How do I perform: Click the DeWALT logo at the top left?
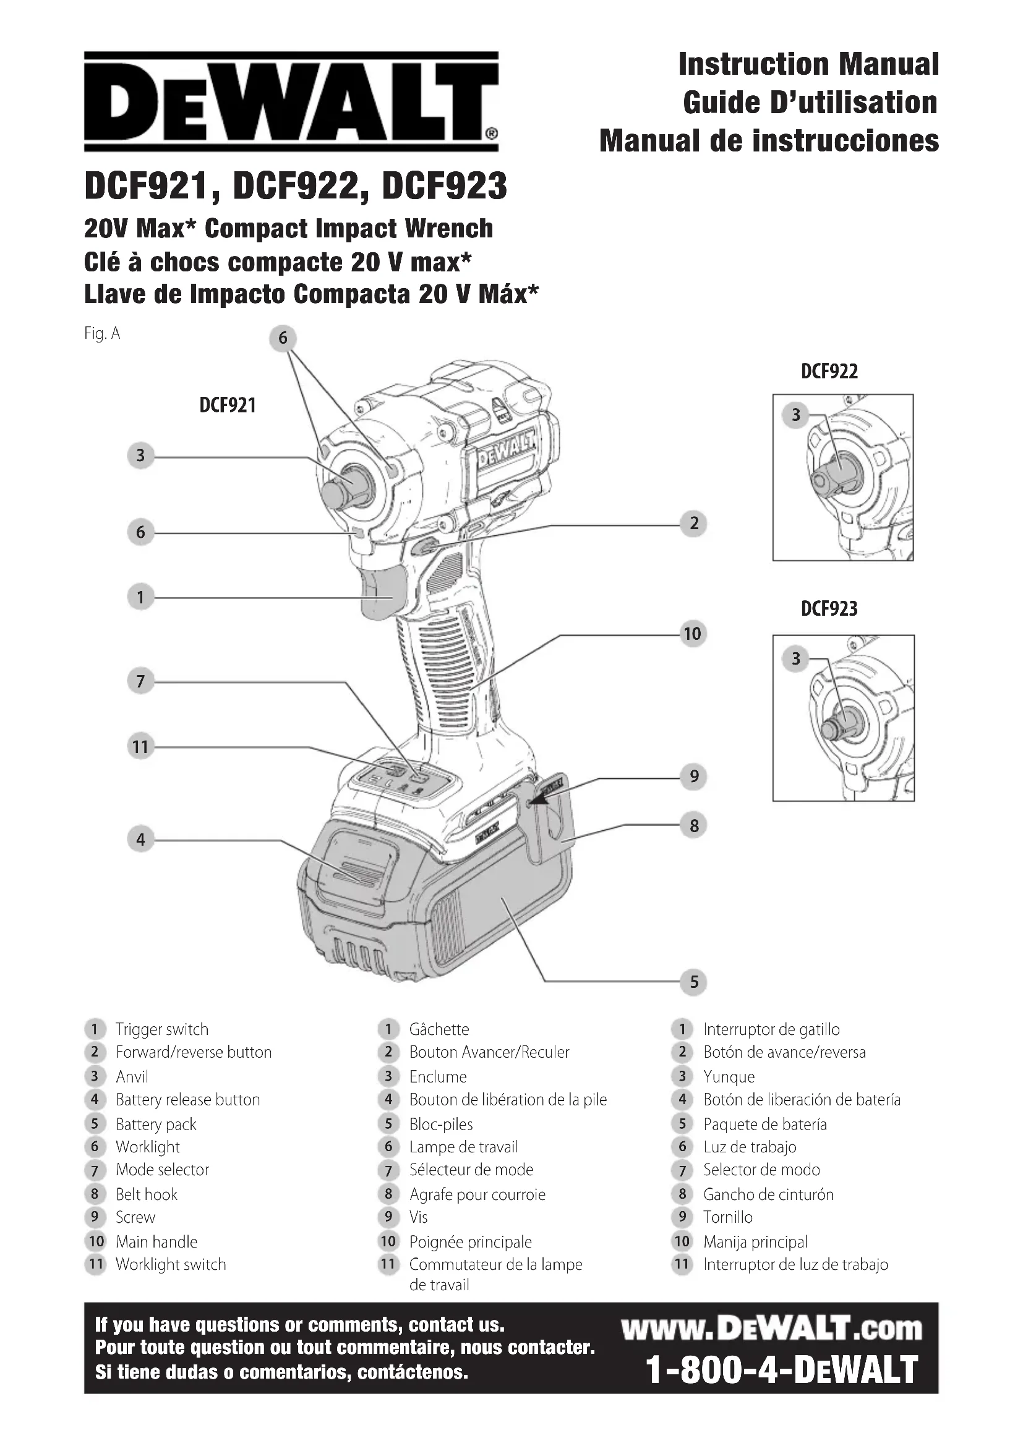point(292,101)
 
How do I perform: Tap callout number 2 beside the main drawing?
point(693,524)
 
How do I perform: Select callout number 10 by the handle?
point(692,634)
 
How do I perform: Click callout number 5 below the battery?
point(693,982)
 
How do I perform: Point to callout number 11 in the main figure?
point(140,747)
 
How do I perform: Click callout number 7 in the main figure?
point(140,681)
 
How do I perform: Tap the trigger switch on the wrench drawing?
point(383,593)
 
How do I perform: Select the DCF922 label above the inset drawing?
point(829,372)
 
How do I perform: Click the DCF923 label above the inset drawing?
point(829,609)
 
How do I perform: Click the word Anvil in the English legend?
point(132,1077)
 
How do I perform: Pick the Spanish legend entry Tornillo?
point(727,1217)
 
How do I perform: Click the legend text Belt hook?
point(147,1195)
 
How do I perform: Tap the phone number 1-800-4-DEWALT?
point(782,1371)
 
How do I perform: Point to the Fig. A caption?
point(102,333)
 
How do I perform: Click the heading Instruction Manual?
point(808,64)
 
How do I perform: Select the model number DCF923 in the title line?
point(444,187)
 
